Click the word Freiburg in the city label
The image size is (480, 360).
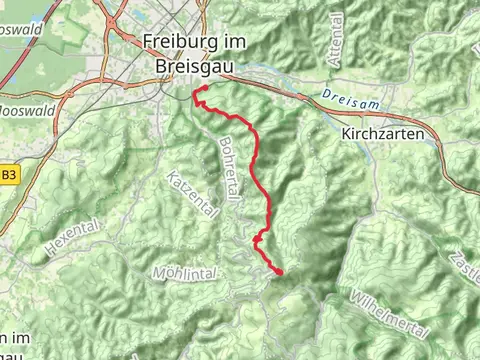pos(175,42)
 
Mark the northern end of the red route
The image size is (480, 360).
pos(197,91)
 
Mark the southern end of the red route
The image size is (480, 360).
pos(279,271)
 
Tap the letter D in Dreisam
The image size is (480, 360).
pos(327,94)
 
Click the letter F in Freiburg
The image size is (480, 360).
pos(148,42)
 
